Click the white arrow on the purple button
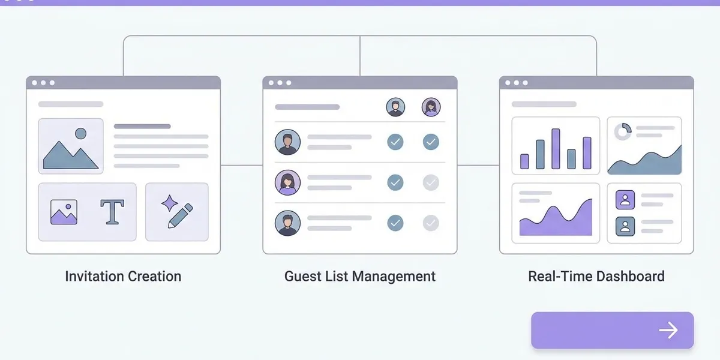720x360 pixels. (x=668, y=330)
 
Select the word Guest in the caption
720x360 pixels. (x=303, y=276)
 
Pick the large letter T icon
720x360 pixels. (x=112, y=211)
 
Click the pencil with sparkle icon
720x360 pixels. (x=177, y=211)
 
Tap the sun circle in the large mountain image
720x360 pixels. (x=80, y=133)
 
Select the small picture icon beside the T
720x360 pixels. (x=64, y=212)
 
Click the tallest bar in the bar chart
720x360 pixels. (x=556, y=149)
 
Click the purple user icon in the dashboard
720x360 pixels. (x=625, y=200)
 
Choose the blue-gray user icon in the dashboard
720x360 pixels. (x=625, y=226)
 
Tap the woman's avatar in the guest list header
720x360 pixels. (x=431, y=107)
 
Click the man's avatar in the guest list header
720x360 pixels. (x=395, y=107)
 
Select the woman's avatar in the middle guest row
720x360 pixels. (x=287, y=182)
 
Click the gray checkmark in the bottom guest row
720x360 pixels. (x=431, y=223)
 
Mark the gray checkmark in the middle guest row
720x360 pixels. (x=431, y=182)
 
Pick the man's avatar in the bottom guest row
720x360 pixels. (x=287, y=223)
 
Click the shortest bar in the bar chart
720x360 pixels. (x=524, y=161)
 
